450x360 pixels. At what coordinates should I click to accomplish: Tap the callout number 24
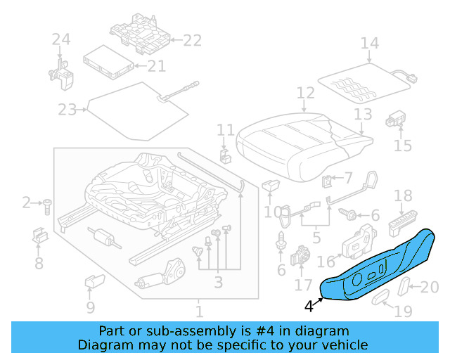(61, 40)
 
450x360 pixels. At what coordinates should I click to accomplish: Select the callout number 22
(192, 40)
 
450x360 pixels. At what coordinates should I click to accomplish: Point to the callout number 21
(156, 66)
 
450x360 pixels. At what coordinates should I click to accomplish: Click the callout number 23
(67, 110)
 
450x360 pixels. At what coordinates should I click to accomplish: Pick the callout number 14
(369, 44)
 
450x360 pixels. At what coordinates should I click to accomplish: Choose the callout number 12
(305, 93)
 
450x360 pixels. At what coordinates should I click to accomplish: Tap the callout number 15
(402, 146)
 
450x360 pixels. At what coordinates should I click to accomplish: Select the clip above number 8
(40, 236)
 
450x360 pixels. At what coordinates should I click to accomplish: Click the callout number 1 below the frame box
(199, 310)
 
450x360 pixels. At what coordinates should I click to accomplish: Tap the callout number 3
(219, 283)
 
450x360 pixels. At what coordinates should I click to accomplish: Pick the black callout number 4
(309, 306)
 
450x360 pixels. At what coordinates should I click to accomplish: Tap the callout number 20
(430, 286)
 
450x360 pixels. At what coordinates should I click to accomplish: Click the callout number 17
(302, 285)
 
